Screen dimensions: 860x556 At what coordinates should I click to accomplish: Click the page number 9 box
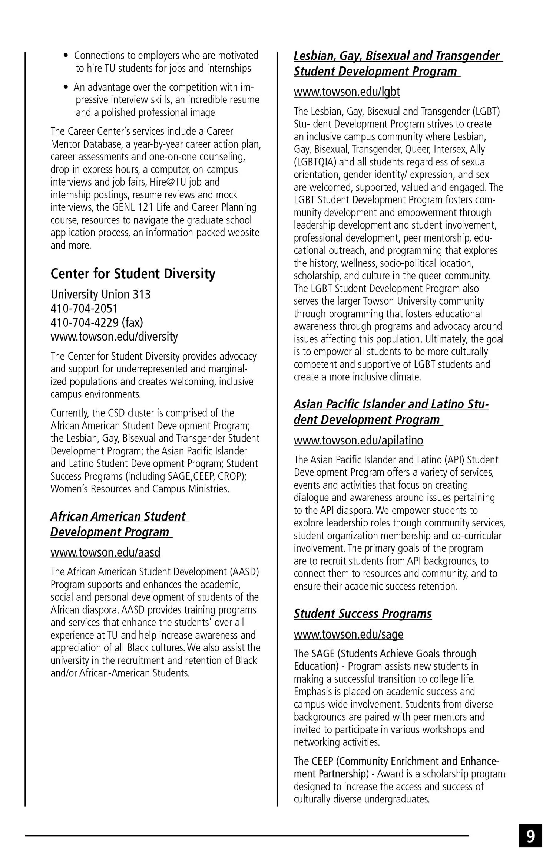(x=530, y=836)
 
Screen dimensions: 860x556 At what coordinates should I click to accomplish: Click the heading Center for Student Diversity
(x=133, y=274)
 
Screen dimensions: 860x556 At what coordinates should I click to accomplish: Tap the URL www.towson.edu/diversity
(x=114, y=337)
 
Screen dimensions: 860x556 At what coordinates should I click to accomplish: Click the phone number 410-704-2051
(x=84, y=308)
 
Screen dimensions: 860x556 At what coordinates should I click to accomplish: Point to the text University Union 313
(x=100, y=294)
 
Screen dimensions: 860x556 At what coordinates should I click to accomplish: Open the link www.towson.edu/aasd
(x=105, y=552)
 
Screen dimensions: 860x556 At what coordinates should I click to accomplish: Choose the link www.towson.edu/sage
(x=348, y=634)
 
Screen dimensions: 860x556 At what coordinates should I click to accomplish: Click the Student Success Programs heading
(x=363, y=614)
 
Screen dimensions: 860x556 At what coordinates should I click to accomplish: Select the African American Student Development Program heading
(x=119, y=524)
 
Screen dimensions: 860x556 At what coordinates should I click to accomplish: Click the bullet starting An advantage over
(x=163, y=100)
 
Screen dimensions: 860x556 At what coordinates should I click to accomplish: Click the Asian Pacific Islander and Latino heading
(x=391, y=412)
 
